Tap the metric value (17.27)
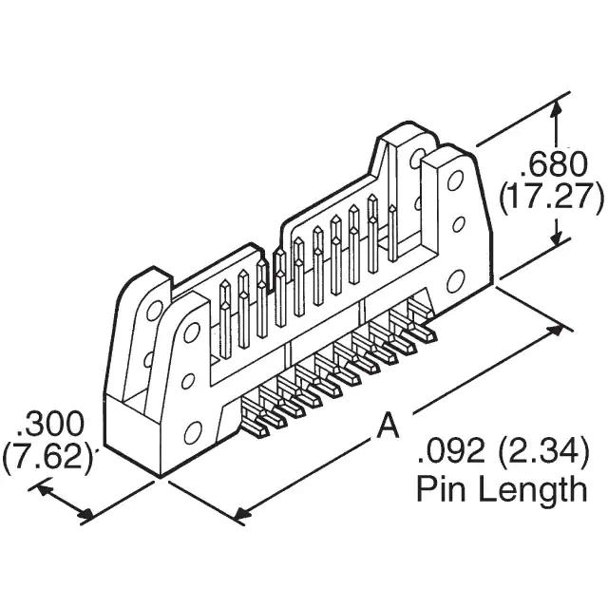pyautogui.click(x=552, y=198)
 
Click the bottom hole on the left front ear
pyautogui.click(x=193, y=433)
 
